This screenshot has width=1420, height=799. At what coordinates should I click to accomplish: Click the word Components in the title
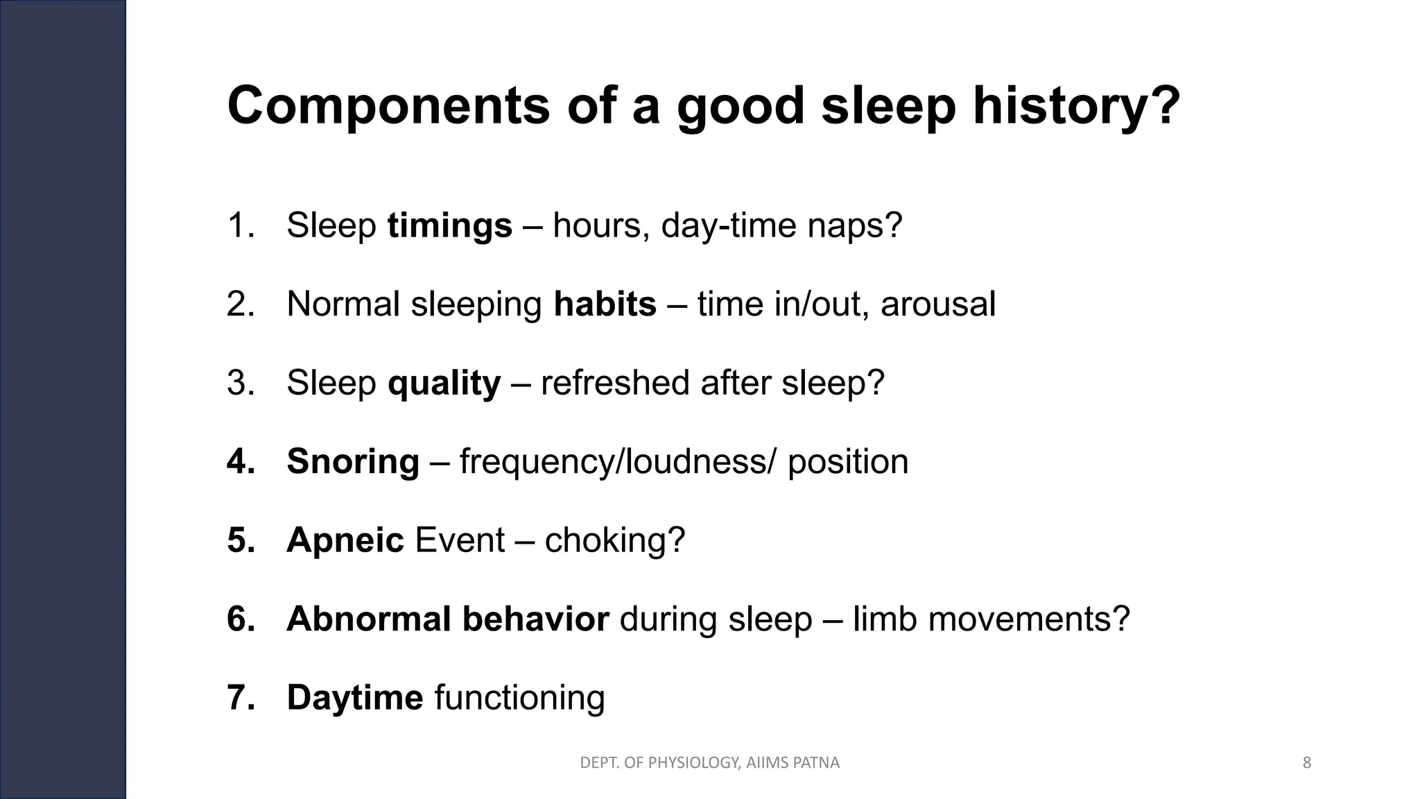(388, 106)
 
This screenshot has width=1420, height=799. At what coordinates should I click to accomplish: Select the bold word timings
(449, 225)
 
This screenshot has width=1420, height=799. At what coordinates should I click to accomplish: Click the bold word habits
(605, 304)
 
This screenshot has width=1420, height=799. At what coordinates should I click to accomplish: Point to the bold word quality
(444, 383)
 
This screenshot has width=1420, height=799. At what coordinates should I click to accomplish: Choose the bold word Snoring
(353, 461)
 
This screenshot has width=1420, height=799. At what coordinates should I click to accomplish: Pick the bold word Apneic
(345, 540)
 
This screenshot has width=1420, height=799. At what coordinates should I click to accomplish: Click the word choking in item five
(607, 540)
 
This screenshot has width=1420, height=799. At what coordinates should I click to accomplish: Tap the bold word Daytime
(354, 697)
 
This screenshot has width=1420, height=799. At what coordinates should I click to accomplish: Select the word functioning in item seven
(519, 697)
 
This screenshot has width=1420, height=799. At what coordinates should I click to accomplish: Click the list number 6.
(240, 619)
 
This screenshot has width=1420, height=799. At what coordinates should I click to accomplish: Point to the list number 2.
(240, 304)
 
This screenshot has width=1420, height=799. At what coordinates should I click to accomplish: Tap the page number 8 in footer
(1307, 763)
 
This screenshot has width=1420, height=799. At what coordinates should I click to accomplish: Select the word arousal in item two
(937, 304)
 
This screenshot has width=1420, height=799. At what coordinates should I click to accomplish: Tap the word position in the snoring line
(847, 461)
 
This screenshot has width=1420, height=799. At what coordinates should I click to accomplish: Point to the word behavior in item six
(535, 619)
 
